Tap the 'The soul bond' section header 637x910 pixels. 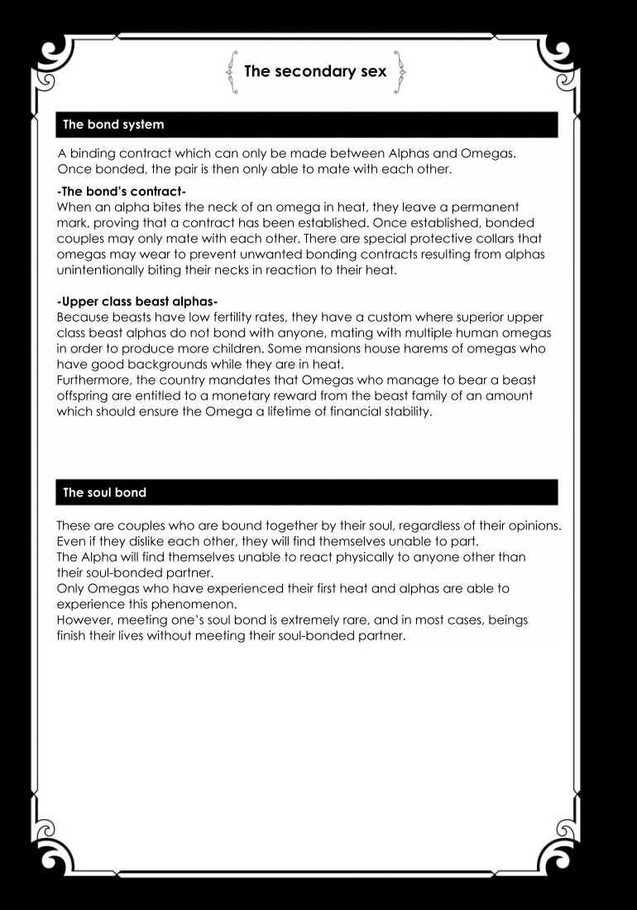[x=105, y=492]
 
